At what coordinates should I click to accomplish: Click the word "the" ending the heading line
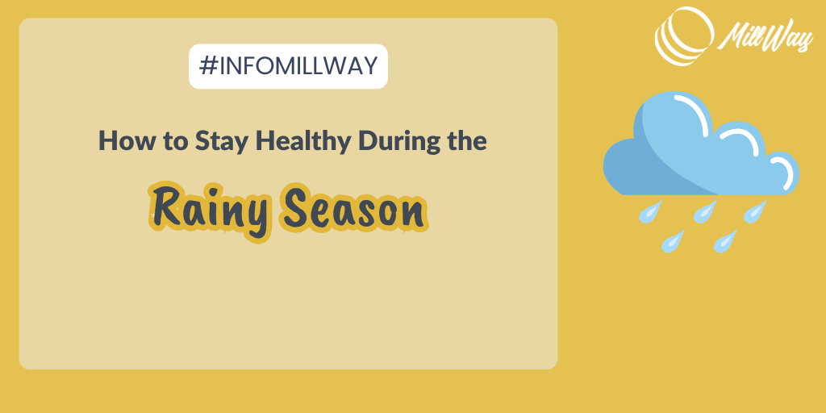pyautogui.click(x=469, y=140)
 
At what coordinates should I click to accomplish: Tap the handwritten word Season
pyautogui.click(x=354, y=209)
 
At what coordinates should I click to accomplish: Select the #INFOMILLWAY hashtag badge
pyautogui.click(x=288, y=66)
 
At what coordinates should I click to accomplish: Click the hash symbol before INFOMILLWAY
pyautogui.click(x=208, y=66)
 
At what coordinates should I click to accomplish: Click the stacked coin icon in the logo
pyautogui.click(x=684, y=35)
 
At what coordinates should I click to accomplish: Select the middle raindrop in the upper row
pyautogui.click(x=705, y=212)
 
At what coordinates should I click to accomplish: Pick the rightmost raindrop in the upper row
pyautogui.click(x=754, y=212)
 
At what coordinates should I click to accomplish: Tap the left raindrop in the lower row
pyautogui.click(x=673, y=241)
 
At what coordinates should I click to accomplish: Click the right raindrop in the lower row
pyautogui.click(x=725, y=241)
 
